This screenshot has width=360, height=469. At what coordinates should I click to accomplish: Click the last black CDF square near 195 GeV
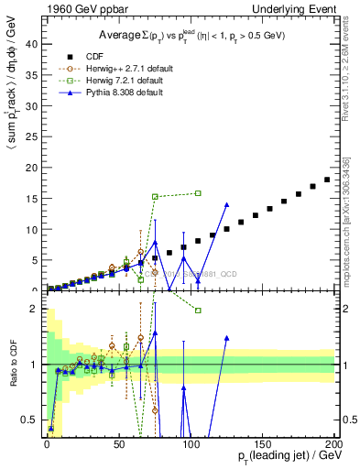pyautogui.click(x=327, y=180)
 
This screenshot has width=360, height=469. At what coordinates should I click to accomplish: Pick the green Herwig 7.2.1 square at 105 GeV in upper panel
pyautogui.click(x=198, y=193)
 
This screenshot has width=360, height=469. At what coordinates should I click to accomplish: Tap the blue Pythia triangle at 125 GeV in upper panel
pyautogui.click(x=226, y=204)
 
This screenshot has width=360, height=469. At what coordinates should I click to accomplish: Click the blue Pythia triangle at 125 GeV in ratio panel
pyautogui.click(x=226, y=338)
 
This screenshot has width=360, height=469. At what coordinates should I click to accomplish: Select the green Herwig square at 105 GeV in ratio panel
pyautogui.click(x=198, y=311)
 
